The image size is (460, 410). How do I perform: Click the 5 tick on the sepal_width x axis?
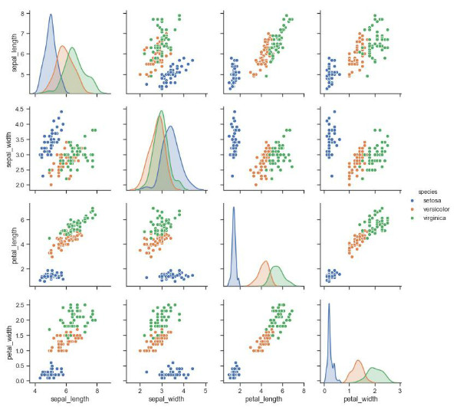[205, 389]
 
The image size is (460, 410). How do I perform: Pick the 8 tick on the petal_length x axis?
[304, 389]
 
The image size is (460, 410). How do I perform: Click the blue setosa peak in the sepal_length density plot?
[51, 15]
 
